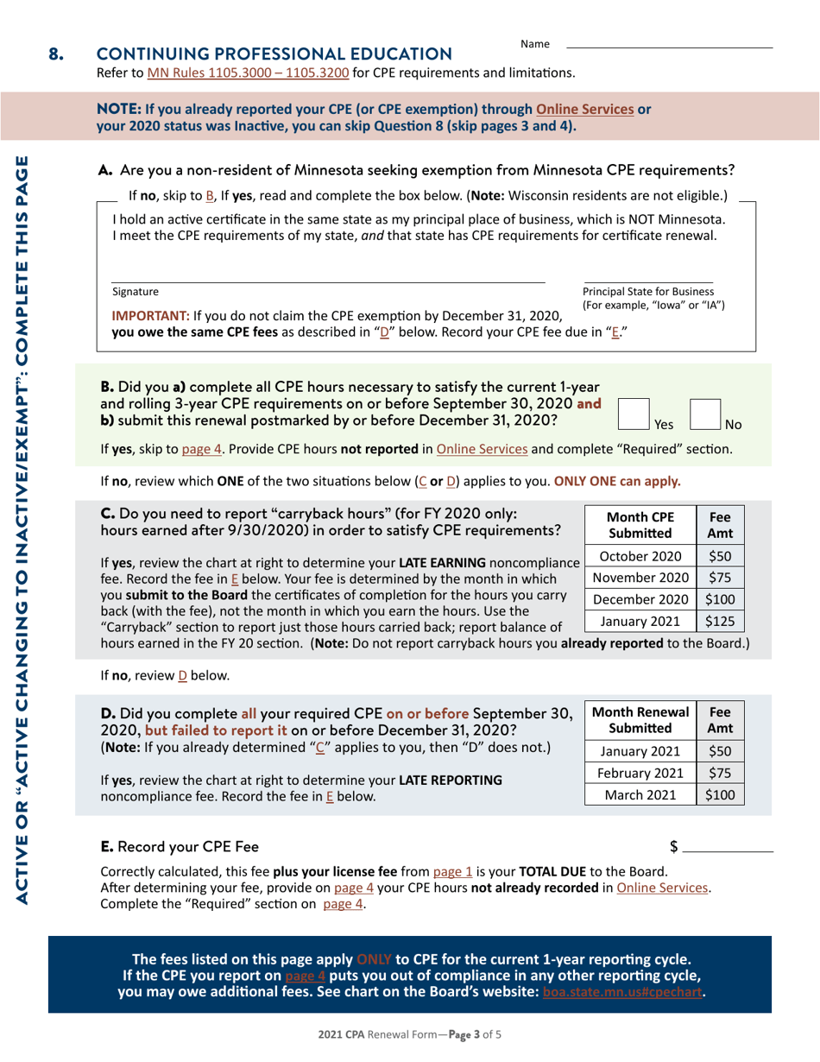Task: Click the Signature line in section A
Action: (x=328, y=281)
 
